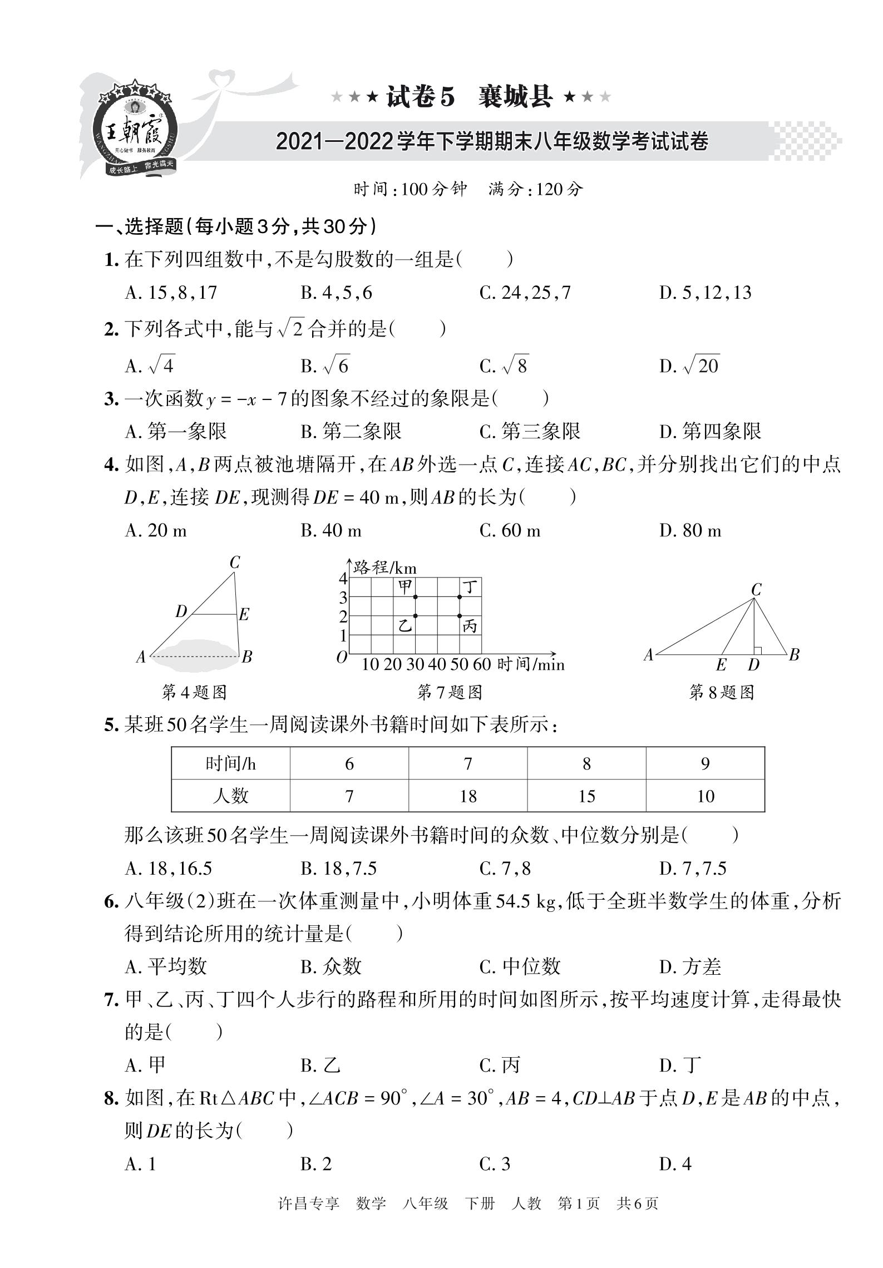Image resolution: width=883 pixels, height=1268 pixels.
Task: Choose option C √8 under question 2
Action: click(x=504, y=366)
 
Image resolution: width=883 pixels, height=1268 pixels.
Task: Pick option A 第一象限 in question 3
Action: click(x=176, y=431)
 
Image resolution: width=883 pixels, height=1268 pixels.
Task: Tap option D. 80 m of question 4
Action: click(x=690, y=530)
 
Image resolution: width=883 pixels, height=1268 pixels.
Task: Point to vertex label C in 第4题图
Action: click(x=235, y=563)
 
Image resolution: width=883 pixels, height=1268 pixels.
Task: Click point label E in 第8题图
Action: click(x=721, y=665)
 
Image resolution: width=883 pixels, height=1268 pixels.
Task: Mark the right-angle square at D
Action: click(x=757, y=650)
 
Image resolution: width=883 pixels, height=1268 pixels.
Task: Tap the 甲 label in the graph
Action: click(x=405, y=586)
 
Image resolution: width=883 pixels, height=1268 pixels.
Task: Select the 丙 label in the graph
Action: click(x=470, y=626)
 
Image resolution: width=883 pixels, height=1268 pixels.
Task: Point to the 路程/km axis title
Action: click(x=385, y=568)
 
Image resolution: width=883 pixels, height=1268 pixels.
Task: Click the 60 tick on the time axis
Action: click(x=482, y=664)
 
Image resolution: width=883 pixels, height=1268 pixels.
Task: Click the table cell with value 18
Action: click(x=468, y=796)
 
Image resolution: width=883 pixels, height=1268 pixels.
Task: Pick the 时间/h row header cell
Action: click(x=230, y=764)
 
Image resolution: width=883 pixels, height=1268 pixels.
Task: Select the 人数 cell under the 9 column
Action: click(x=705, y=796)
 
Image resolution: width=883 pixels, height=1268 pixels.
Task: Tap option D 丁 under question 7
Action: click(x=680, y=1065)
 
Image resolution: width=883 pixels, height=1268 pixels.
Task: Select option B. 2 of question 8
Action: click(x=316, y=1163)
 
